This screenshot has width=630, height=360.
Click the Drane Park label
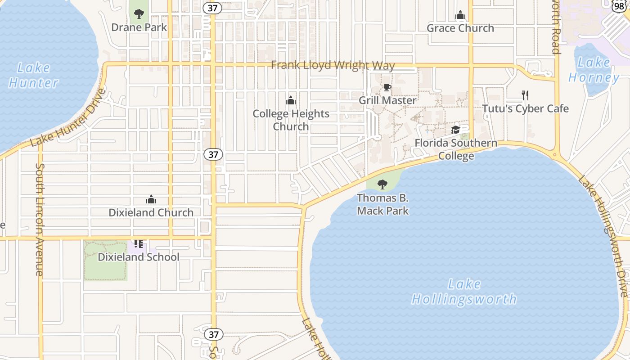(x=139, y=27)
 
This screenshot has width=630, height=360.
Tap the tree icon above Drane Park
(x=139, y=14)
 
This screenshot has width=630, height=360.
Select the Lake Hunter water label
(x=34, y=75)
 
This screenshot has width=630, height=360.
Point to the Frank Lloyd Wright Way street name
(x=333, y=65)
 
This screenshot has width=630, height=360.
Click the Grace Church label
(x=460, y=28)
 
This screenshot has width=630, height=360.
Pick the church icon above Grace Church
(x=460, y=15)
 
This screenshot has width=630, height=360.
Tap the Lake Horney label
(x=594, y=70)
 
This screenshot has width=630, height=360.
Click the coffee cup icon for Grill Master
(x=387, y=88)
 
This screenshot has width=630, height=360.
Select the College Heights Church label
(x=291, y=120)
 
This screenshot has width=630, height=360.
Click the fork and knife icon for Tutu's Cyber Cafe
(x=525, y=95)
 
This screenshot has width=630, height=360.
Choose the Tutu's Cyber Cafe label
(x=525, y=108)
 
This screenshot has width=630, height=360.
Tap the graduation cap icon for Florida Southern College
(x=455, y=130)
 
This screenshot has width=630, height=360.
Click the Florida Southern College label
(x=456, y=149)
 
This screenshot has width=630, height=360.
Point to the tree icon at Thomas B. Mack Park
(x=382, y=184)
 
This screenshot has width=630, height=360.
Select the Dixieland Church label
(x=151, y=212)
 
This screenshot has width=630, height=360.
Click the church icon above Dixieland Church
(x=151, y=199)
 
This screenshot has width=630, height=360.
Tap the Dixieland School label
(x=139, y=257)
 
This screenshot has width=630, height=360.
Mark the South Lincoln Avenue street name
(x=40, y=219)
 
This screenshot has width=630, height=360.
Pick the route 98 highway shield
(x=619, y=6)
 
